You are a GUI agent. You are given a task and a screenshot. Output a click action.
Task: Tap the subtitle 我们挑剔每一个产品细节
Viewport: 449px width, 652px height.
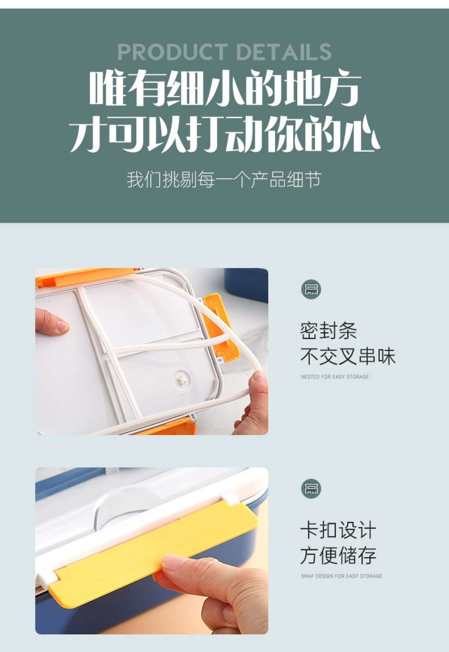(224, 180)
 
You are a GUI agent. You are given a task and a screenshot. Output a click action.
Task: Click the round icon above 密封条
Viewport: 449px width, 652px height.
(311, 289)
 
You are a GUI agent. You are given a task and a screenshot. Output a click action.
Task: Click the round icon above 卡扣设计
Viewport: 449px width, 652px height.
(311, 489)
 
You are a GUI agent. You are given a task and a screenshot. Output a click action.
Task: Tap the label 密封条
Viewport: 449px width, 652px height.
(329, 331)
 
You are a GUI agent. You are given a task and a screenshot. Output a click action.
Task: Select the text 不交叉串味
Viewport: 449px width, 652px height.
(348, 356)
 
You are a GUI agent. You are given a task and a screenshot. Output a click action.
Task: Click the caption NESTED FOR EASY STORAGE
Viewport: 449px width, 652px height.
(335, 377)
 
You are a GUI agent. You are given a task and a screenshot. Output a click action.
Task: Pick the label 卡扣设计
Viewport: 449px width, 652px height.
(339, 530)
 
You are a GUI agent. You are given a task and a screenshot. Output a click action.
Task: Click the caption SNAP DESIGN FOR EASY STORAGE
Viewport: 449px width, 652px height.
(342, 576)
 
